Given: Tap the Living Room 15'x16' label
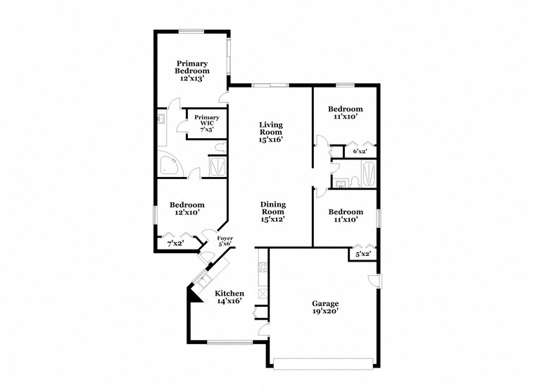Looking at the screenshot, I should click(x=270, y=132).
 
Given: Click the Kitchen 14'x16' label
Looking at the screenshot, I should click(x=229, y=297).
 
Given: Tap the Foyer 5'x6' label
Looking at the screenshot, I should click(x=225, y=241).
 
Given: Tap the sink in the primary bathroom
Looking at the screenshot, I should click(x=160, y=119).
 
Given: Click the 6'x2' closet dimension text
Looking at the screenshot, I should click(x=359, y=152).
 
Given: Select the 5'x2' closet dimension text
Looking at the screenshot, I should click(x=363, y=254).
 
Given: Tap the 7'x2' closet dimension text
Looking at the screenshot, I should click(x=175, y=244).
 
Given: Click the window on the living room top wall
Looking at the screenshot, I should click(x=270, y=85).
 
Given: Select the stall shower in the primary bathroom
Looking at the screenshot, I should click(x=218, y=167).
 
